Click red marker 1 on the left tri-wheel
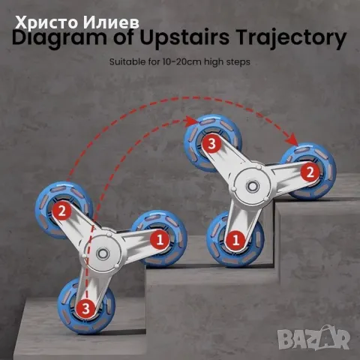(159, 240)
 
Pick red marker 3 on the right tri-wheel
(212, 143)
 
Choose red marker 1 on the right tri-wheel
(235, 240)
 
